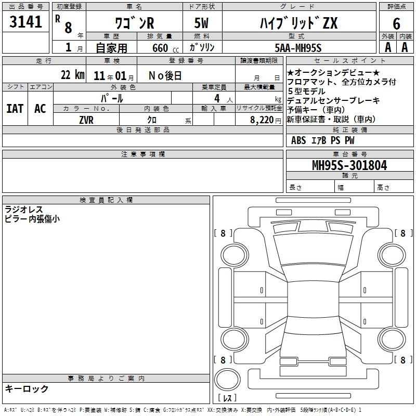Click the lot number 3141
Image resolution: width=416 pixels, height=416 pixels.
point(25,21)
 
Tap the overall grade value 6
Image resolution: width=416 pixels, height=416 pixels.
point(396,23)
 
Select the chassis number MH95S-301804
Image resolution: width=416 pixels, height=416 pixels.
point(349,165)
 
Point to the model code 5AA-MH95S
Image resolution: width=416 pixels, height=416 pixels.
point(298,48)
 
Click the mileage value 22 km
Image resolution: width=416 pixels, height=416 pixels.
point(72,75)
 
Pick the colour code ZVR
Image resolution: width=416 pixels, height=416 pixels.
point(86,120)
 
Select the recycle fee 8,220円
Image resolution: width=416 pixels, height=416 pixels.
point(266,120)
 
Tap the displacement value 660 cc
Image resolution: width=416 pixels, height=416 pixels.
point(165,48)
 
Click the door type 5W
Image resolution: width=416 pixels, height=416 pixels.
point(201,23)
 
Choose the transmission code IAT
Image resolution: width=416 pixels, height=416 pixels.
point(15,109)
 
